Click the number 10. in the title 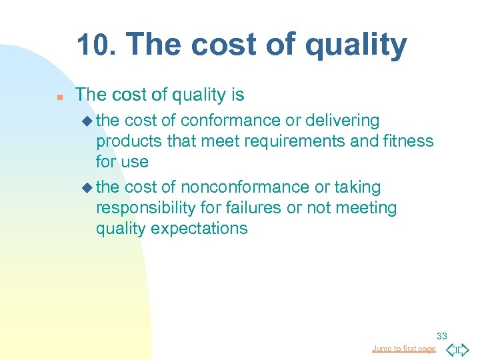click(96, 45)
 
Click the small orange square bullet click(59, 97)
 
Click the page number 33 click(442, 336)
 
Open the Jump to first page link click(403, 349)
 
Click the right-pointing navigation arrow click(464, 349)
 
